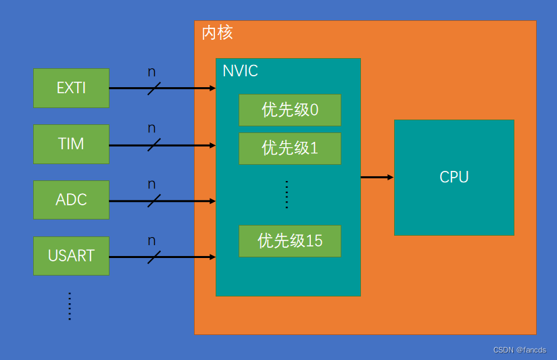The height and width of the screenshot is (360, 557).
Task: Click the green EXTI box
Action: (71, 88)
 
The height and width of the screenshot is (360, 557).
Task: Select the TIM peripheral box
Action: (71, 144)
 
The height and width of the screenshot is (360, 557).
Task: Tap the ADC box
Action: (71, 200)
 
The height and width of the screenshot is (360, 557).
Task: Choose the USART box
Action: (71, 256)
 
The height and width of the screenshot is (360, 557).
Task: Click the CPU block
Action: (454, 177)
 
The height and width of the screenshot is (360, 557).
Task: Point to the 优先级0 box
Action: (289, 110)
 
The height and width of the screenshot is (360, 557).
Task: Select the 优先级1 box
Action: (289, 149)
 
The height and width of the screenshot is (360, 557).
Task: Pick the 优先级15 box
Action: (289, 241)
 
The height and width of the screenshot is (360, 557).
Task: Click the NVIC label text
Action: (240, 71)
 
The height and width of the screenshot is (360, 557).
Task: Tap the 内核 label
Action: (217, 33)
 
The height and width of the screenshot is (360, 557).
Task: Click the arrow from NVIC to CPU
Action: (377, 177)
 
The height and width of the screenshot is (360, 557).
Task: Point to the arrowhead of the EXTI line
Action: (212, 88)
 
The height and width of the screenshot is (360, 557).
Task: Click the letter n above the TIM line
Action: (151, 128)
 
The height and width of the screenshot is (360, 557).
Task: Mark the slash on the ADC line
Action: (154, 201)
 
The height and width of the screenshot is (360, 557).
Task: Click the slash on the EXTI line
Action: (154, 88)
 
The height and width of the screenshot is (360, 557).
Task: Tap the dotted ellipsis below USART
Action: (70, 306)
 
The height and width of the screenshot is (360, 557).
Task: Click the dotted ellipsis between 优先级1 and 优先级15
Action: (287, 195)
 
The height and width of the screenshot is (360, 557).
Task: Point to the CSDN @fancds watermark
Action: (519, 350)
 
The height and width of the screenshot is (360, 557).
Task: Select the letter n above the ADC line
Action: (151, 184)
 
